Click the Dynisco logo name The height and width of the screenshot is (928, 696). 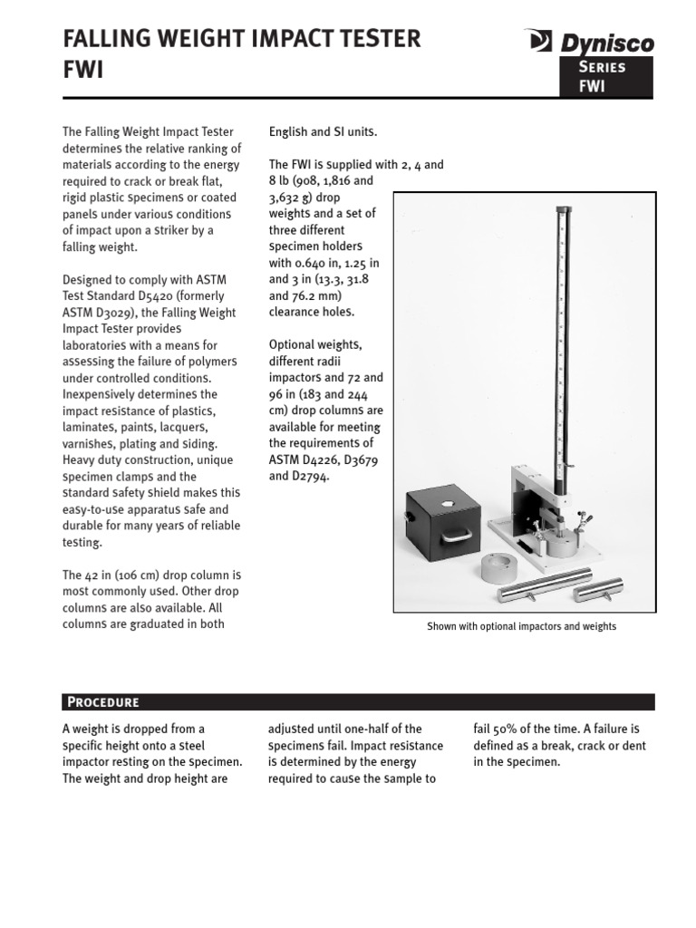604,42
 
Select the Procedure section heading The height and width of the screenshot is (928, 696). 101,701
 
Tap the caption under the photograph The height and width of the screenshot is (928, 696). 521,626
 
